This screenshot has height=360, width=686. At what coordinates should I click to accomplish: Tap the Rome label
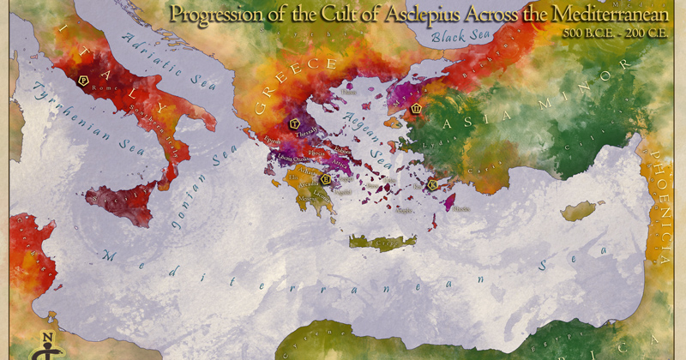(x=98, y=87)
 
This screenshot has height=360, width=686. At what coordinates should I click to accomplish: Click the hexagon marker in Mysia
(x=417, y=110)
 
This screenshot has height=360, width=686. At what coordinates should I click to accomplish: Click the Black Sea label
(x=459, y=37)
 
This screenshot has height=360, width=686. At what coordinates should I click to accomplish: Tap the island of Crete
(x=377, y=243)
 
